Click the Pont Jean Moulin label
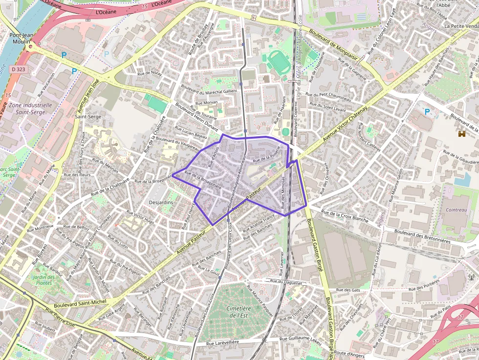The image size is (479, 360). coord(22,38)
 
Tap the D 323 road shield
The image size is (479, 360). coord(19,70)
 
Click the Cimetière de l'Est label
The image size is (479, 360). coord(239,312)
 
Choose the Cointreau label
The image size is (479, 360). coord(457,210)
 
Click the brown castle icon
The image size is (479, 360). coord(461,133)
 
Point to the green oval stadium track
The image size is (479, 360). coord(279,62)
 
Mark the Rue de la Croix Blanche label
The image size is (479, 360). coord(345,216)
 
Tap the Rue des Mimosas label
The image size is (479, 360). coord(283,191)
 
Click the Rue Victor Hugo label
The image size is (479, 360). coord(140,218)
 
